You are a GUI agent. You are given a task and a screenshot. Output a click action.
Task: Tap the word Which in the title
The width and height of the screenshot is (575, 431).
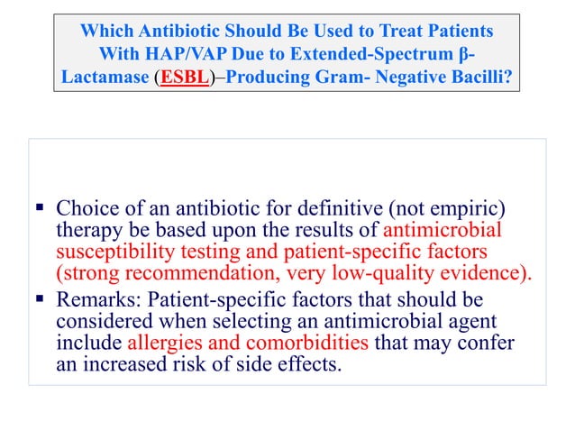[105, 30]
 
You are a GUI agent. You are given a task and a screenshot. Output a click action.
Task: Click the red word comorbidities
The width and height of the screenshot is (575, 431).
[306, 344]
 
